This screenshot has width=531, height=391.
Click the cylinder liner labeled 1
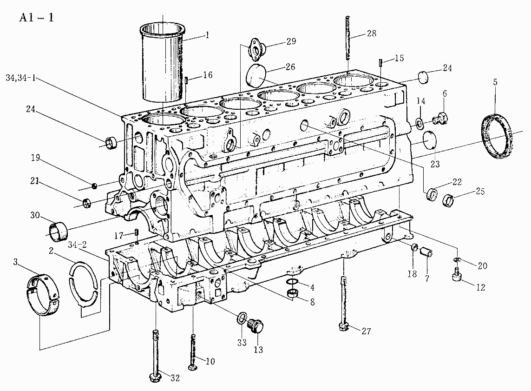(x=163, y=62)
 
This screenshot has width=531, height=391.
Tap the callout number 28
(x=371, y=33)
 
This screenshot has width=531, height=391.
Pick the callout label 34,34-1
(x=20, y=78)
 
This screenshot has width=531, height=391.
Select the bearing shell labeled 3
(x=42, y=295)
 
